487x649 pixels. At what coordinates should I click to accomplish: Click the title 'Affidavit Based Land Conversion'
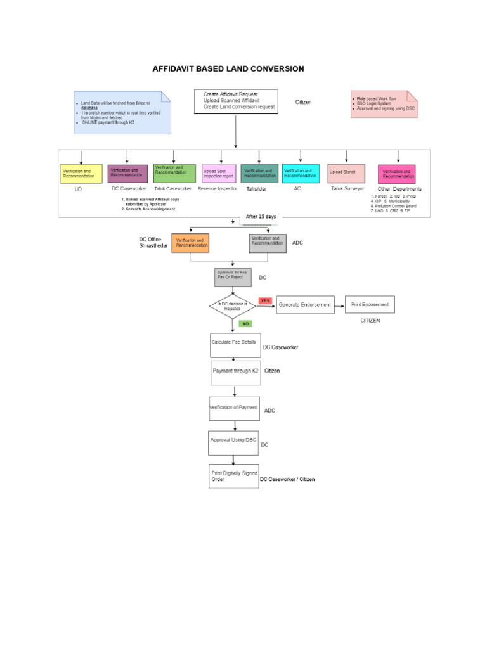click(228, 68)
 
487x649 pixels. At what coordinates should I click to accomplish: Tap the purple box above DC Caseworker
click(127, 173)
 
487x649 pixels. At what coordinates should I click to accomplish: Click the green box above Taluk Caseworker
click(174, 173)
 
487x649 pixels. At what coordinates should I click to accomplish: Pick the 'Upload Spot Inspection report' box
click(218, 173)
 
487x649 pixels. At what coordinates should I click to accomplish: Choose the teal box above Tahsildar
click(259, 173)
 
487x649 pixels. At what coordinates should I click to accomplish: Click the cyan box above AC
click(301, 173)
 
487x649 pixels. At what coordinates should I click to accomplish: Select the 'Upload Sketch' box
click(346, 173)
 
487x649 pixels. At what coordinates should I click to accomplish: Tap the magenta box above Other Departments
click(397, 174)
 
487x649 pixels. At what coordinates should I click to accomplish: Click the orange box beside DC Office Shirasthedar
click(190, 243)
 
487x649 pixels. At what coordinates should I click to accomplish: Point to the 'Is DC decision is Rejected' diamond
click(233, 305)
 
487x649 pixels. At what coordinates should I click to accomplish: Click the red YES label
click(265, 300)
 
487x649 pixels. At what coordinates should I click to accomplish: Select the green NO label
click(245, 323)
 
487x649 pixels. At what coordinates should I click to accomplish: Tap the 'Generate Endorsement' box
click(304, 305)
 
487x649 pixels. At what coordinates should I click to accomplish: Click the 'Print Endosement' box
click(370, 305)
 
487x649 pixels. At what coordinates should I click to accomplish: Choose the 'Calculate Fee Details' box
click(235, 345)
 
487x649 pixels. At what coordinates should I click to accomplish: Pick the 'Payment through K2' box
click(235, 373)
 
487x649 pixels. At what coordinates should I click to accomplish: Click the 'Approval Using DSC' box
click(233, 442)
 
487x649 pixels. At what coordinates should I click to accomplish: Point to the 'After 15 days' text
click(261, 217)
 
